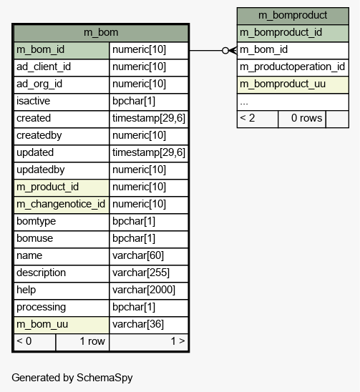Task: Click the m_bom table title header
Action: pos(101,33)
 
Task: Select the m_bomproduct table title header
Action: pos(293,16)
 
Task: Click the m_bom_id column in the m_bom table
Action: pos(62,50)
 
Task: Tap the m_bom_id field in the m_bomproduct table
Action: pos(293,50)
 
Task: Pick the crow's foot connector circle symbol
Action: pos(225,51)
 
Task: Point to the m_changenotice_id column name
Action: pos(62,205)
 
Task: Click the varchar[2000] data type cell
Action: pos(149,290)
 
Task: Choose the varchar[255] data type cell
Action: pos(149,273)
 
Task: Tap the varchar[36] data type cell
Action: pos(149,325)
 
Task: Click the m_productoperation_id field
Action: pos(293,67)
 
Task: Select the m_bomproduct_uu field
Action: pos(293,84)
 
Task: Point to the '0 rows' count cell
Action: pos(302,119)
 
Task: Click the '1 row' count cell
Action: pos(82,342)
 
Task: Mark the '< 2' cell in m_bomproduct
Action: pos(258,119)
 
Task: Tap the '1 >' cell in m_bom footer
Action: pos(149,342)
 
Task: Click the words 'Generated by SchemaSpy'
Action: pos(72,378)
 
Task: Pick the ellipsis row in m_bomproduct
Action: pos(293,102)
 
